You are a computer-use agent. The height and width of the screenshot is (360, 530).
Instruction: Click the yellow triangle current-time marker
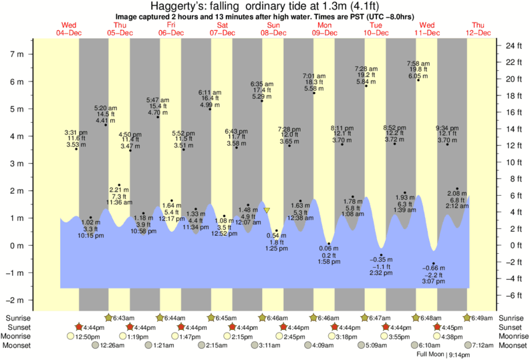tap(267, 210)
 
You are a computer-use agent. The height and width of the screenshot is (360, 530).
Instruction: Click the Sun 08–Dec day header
tap(273, 29)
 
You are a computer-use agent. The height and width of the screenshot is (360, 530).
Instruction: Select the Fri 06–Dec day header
tap(171, 29)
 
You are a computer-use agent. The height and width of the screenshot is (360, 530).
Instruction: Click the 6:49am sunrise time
tap(484, 318)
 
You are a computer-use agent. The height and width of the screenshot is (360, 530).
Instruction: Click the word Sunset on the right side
tap(510, 327)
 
